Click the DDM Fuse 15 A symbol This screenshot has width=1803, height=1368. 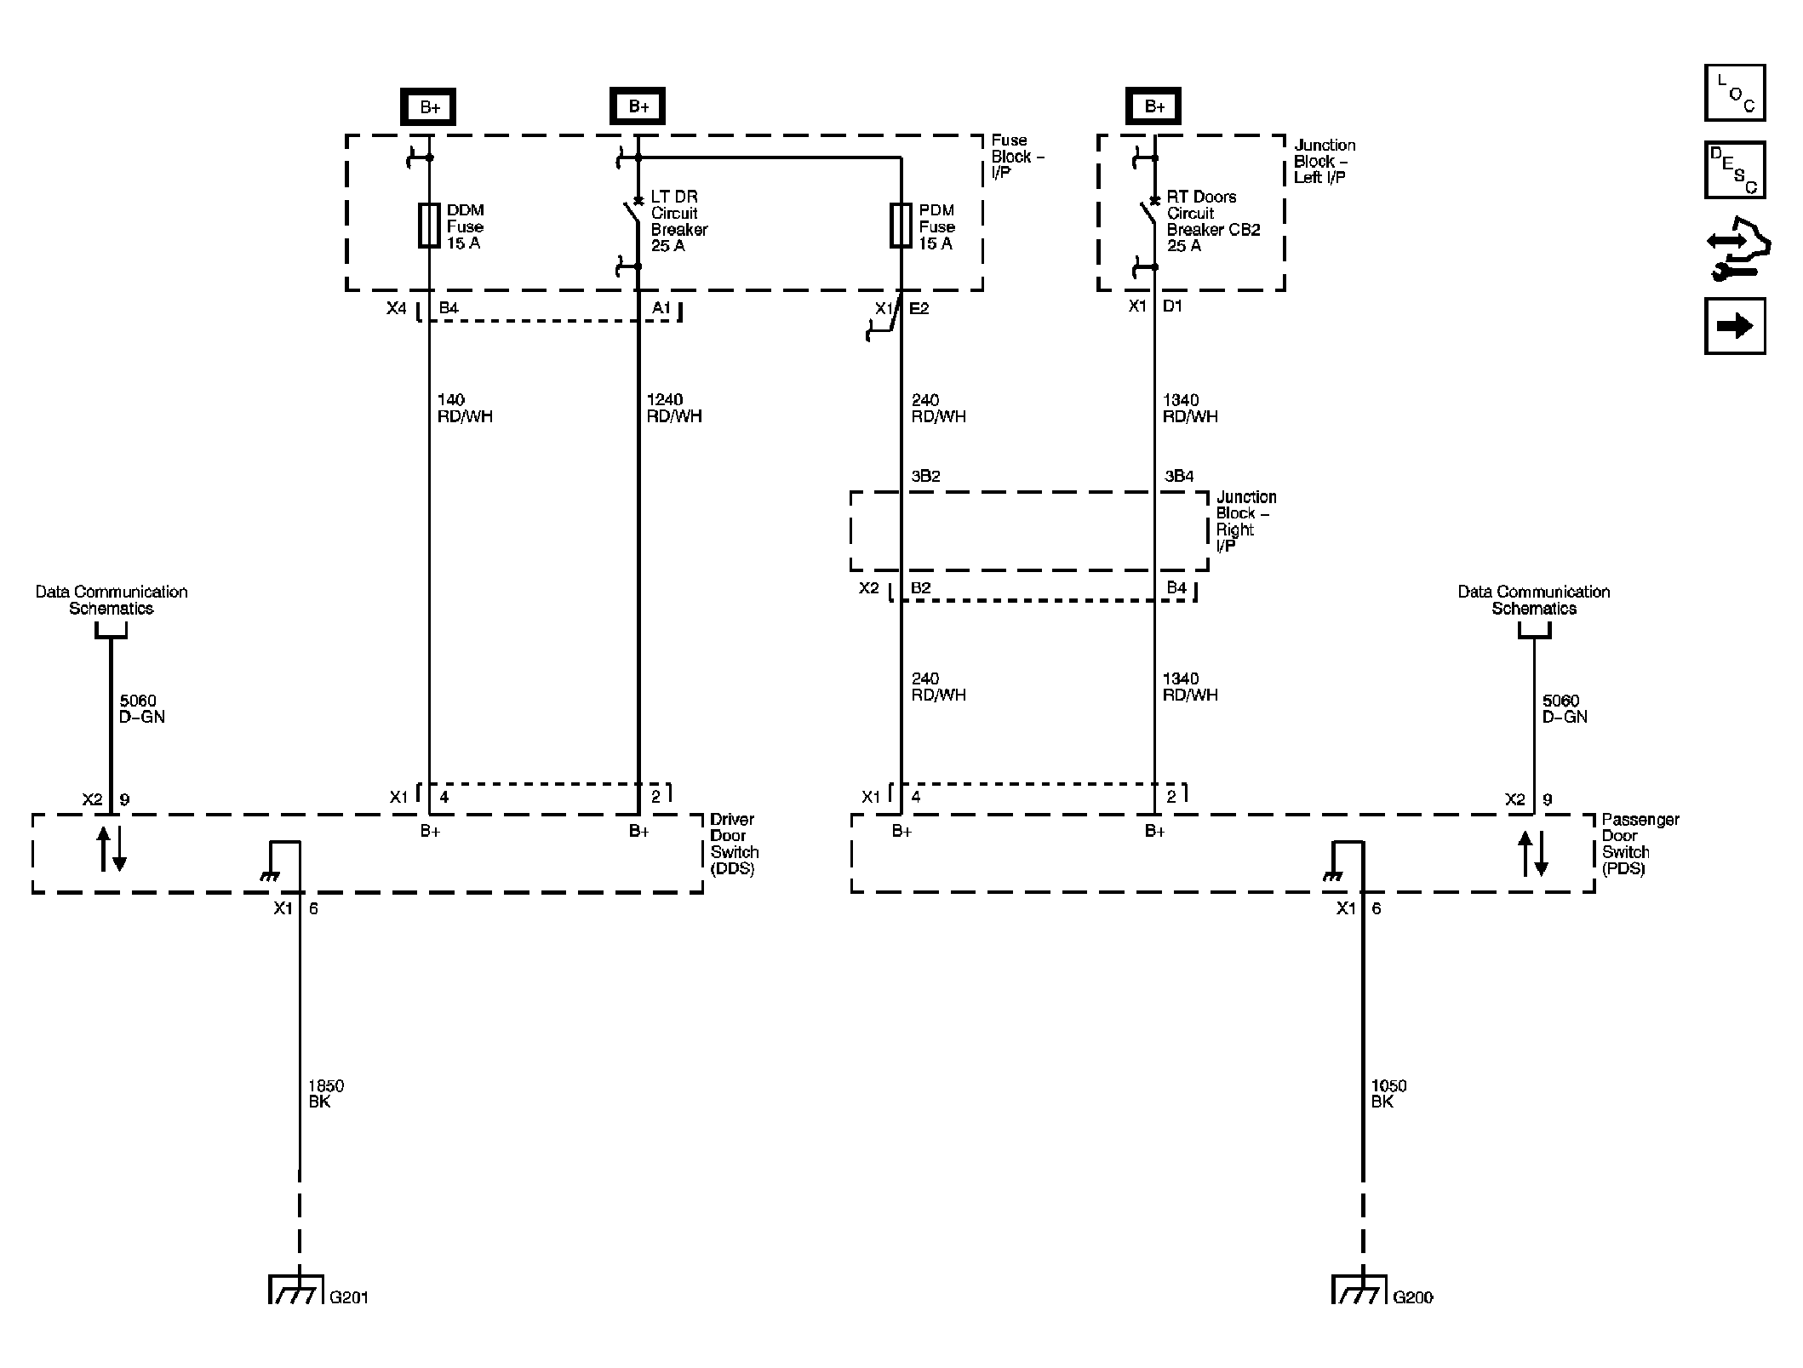tap(429, 226)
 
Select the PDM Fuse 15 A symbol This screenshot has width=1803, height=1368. tap(901, 226)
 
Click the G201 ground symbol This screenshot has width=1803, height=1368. tap(296, 1289)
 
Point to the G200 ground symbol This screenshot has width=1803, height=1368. tap(1359, 1289)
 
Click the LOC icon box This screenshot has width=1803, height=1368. tap(1734, 93)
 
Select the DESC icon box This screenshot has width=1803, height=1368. tap(1734, 170)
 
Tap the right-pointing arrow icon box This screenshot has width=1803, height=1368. tap(1734, 326)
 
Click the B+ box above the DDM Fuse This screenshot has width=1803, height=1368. tap(428, 107)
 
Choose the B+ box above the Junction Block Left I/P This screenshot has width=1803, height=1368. tap(1153, 106)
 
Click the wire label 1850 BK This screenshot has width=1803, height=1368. tap(325, 1094)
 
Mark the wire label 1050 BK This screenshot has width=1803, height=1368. tap(1388, 1094)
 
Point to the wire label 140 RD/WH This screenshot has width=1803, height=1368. tap(464, 408)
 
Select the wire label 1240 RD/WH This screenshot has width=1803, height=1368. tap(673, 408)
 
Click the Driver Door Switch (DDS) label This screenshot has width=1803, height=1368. tap(734, 844)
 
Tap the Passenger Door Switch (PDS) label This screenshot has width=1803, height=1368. tap(1640, 844)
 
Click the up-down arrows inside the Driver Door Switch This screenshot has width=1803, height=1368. tap(111, 849)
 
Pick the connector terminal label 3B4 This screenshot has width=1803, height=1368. tap(1179, 476)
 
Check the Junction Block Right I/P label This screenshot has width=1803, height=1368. tap(1245, 521)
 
